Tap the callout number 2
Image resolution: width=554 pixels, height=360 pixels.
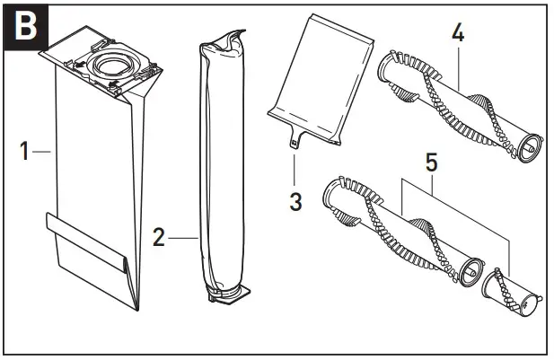click(158, 238)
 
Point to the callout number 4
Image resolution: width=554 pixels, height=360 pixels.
click(457, 33)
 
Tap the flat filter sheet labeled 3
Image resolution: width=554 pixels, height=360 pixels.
click(321, 90)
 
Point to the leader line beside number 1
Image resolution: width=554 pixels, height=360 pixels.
click(40, 154)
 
